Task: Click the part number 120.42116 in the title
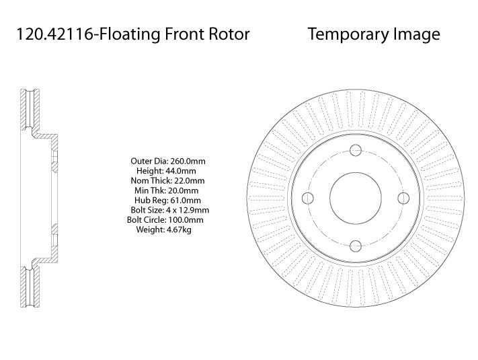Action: tap(54, 34)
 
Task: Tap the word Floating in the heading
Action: tap(129, 34)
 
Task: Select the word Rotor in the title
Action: tap(229, 34)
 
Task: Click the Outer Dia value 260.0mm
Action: tap(188, 161)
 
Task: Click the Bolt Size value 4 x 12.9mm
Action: tap(188, 210)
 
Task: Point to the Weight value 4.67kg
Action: tap(179, 229)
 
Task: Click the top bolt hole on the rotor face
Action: tap(356, 150)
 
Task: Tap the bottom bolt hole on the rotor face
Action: tap(356, 246)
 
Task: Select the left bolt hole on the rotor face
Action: tap(308, 198)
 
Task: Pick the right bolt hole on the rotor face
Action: tap(403, 198)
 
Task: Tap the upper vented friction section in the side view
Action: tap(30, 109)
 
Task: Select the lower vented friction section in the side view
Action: tap(30, 287)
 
